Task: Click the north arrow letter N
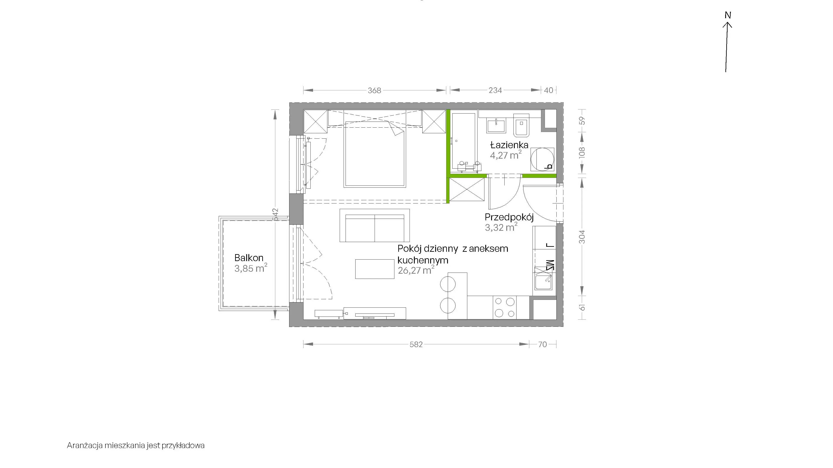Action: (728, 15)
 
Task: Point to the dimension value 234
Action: (495, 90)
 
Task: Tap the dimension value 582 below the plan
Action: (416, 345)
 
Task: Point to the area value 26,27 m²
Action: (416, 270)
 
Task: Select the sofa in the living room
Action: (374, 225)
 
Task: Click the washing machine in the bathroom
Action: (542, 159)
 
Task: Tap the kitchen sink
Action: (543, 282)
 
